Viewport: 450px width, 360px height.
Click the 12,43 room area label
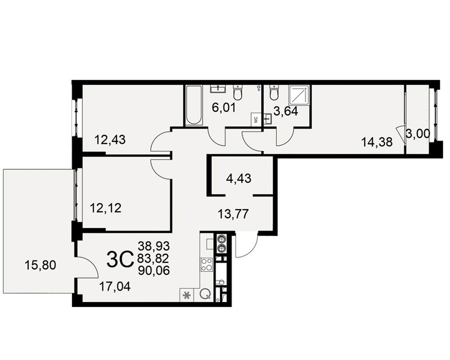click(x=110, y=140)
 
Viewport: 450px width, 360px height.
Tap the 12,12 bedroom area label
click(x=106, y=208)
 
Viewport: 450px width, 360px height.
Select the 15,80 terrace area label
click(x=40, y=265)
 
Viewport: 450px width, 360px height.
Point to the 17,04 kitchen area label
click(x=115, y=287)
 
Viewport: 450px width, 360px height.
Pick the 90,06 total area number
click(x=154, y=270)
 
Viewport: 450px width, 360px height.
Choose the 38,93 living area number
click(x=154, y=246)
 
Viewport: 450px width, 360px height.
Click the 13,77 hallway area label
click(x=233, y=214)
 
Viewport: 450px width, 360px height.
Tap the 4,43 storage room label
click(x=238, y=179)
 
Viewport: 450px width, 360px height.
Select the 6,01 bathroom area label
click(x=224, y=108)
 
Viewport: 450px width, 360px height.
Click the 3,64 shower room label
click(x=286, y=111)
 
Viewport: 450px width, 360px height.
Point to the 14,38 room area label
click(x=377, y=142)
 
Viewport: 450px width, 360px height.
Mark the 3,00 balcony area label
click(x=418, y=134)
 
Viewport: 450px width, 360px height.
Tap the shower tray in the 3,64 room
click(x=299, y=95)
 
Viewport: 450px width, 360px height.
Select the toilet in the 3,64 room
click(x=274, y=92)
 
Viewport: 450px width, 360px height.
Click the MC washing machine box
click(x=256, y=119)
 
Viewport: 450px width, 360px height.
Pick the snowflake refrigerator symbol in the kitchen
click(x=187, y=295)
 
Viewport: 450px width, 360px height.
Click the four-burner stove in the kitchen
click(x=207, y=265)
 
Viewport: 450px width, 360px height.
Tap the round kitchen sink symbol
click(x=205, y=294)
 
